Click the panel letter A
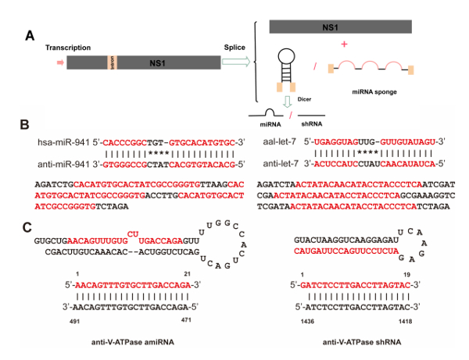tap(29, 35)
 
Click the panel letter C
tap(27, 227)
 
